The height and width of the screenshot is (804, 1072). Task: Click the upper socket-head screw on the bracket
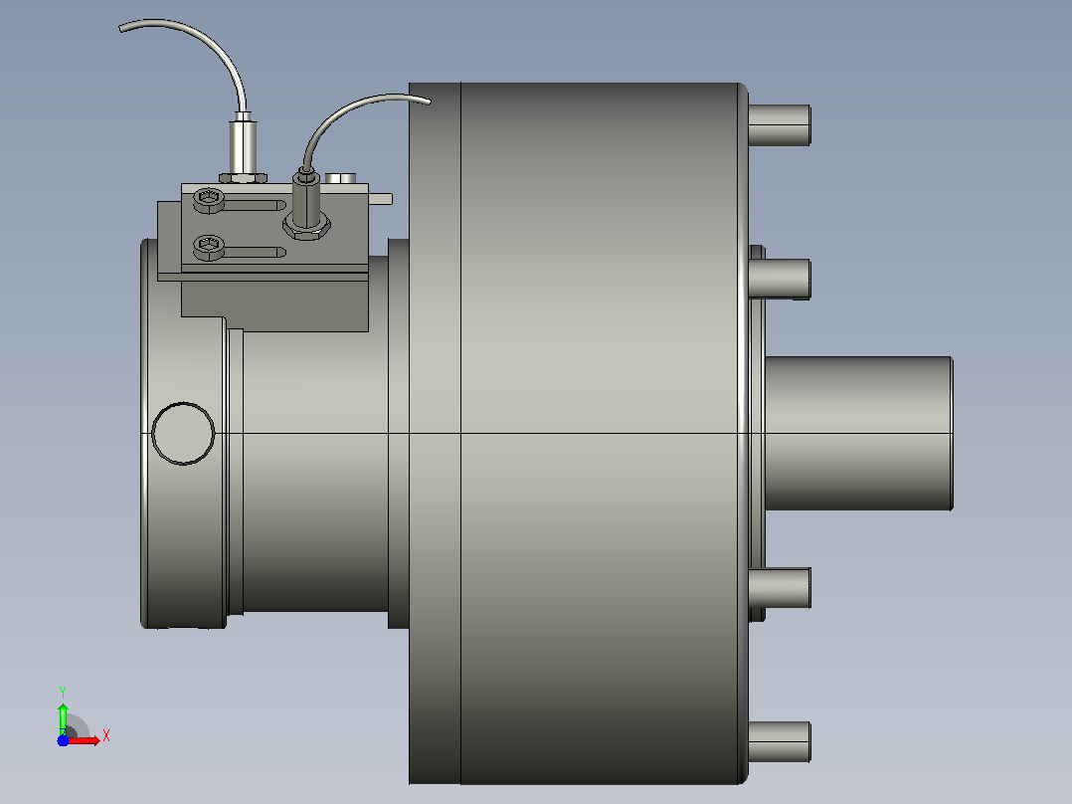(x=209, y=200)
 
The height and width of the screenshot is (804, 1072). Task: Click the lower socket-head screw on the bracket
(x=209, y=247)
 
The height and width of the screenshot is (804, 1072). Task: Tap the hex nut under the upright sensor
(x=243, y=178)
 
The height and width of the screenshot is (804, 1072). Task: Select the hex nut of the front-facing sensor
(x=307, y=226)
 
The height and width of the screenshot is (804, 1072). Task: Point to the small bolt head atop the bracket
(x=340, y=178)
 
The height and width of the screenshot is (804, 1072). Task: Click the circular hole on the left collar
(x=183, y=434)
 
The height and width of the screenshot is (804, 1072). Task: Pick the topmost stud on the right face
(x=780, y=125)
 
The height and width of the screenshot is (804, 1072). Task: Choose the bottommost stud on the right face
(x=780, y=742)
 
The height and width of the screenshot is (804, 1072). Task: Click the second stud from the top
(x=780, y=280)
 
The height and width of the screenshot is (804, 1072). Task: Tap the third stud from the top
(x=780, y=588)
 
